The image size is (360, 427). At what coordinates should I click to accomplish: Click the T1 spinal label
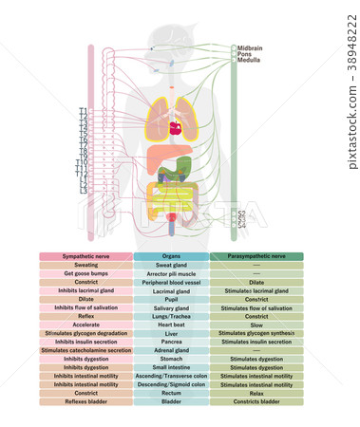click(84, 110)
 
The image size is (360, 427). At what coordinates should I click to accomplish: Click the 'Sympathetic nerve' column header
click(85, 256)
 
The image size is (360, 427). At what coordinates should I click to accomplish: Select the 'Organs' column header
click(171, 256)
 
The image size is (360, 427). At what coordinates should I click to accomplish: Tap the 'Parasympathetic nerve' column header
click(256, 256)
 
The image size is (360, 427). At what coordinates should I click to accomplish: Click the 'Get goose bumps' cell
click(85, 273)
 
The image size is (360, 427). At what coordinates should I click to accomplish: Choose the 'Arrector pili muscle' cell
click(171, 273)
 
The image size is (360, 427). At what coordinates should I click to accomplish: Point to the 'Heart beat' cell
click(171, 325)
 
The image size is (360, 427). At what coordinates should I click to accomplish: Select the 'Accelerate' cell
click(85, 325)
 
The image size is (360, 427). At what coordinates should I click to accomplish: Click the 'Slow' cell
click(256, 325)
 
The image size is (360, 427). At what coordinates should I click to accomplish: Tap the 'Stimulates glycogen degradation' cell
click(85, 333)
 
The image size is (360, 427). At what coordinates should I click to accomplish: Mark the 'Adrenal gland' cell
click(171, 350)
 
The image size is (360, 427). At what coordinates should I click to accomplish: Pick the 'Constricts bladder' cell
click(256, 401)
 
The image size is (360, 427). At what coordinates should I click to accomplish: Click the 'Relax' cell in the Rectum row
click(256, 393)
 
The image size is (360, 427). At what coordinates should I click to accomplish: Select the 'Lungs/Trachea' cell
click(171, 316)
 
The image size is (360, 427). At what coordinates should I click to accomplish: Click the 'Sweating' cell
click(85, 265)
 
